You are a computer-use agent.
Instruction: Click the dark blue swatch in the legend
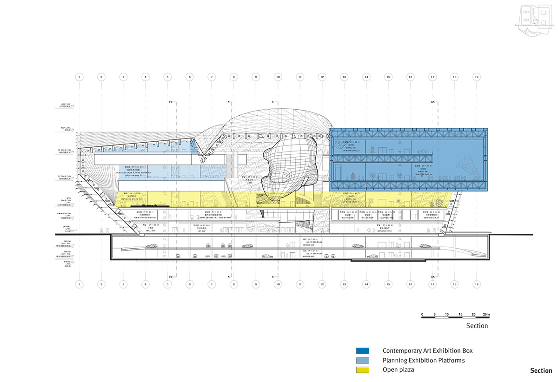(x=363, y=351)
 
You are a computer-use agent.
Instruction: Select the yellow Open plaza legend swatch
(x=363, y=370)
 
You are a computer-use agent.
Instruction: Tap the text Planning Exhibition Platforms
(x=424, y=360)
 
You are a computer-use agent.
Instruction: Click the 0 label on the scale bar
(x=422, y=314)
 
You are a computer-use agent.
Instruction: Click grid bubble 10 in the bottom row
(x=278, y=283)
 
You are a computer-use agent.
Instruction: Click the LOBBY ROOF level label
(x=65, y=105)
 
